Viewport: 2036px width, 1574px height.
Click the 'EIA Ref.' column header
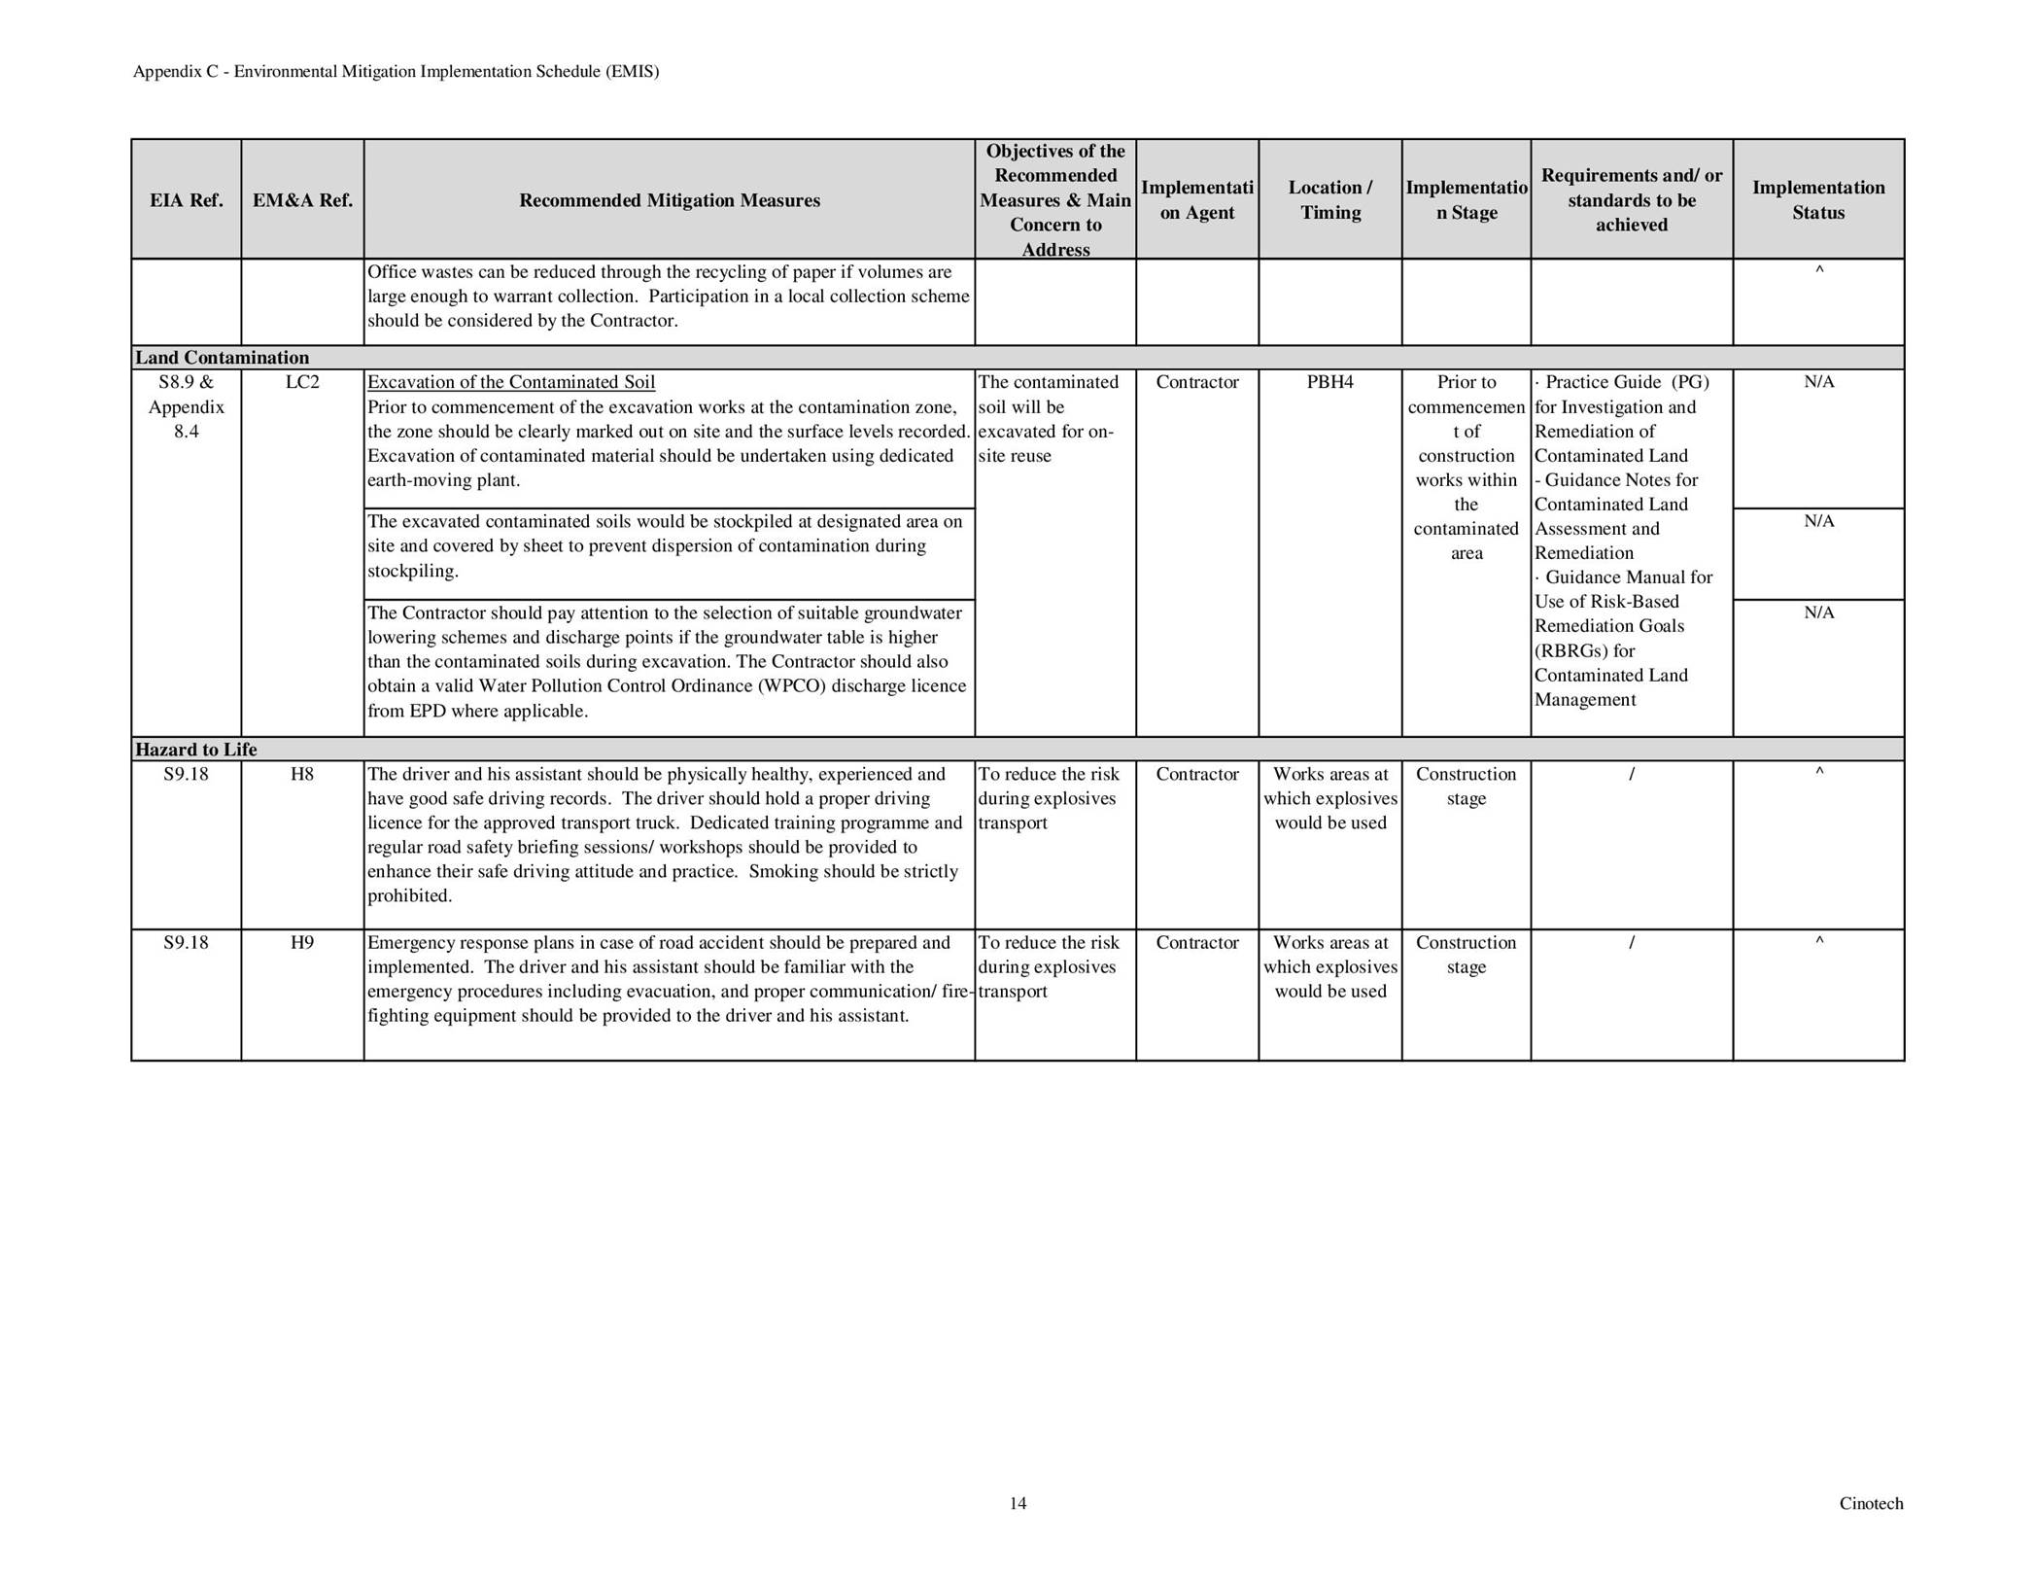(x=186, y=200)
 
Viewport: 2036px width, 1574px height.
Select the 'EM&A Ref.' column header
(x=302, y=200)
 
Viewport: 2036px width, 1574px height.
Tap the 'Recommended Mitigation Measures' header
(x=669, y=200)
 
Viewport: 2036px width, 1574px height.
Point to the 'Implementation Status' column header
(x=1817, y=200)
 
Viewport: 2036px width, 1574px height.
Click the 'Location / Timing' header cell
(x=1329, y=200)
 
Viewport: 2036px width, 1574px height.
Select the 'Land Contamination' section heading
(x=222, y=358)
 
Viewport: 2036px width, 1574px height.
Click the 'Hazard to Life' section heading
(x=195, y=750)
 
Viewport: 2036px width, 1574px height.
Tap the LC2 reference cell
(x=302, y=382)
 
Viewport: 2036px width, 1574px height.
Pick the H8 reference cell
(x=302, y=775)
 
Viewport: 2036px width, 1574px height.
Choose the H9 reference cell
(x=302, y=943)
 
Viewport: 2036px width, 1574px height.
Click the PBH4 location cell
(x=1329, y=382)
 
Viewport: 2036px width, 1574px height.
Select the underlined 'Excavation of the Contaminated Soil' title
(x=511, y=382)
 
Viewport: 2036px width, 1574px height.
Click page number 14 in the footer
(x=1018, y=1504)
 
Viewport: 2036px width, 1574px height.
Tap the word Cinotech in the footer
(x=1871, y=1504)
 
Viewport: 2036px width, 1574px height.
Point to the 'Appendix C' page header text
(x=396, y=72)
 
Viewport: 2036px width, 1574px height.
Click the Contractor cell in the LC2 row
(x=1197, y=382)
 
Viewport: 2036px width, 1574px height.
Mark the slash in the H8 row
(x=1631, y=775)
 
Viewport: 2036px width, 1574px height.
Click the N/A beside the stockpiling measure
(x=1818, y=521)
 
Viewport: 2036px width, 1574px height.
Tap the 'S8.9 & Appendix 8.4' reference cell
(x=186, y=407)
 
